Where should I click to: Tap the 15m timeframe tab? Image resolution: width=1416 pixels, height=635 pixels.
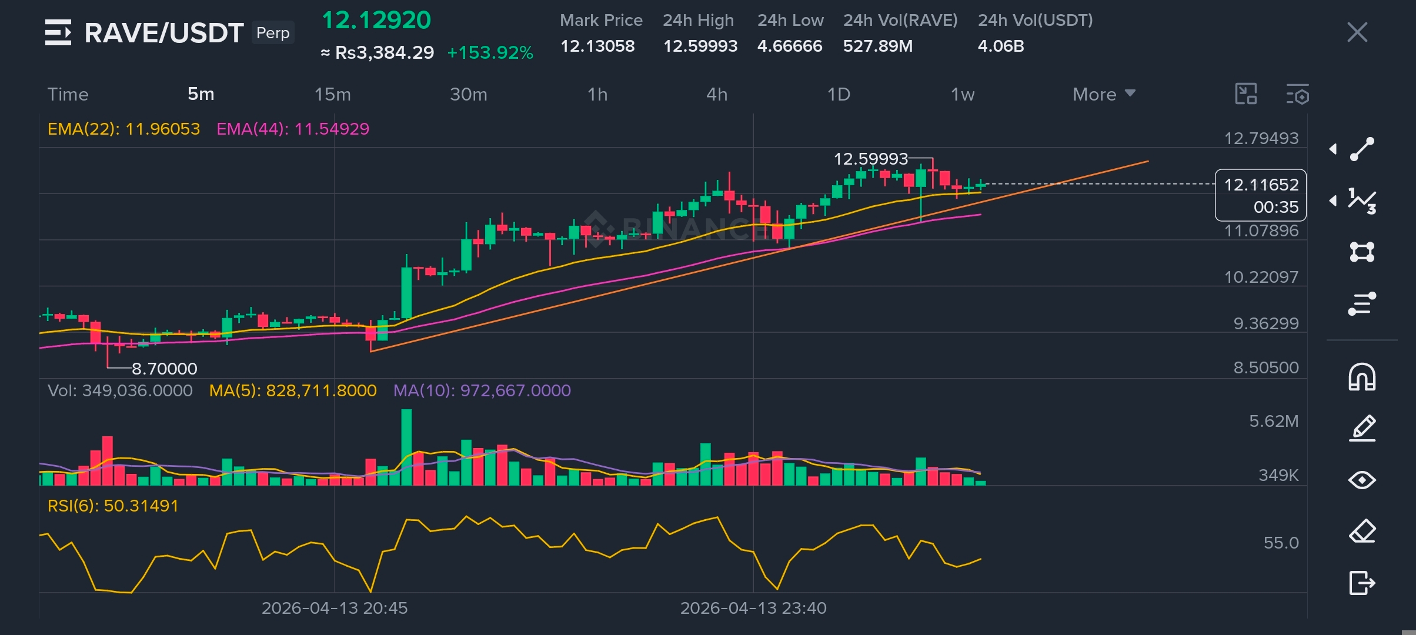point(332,94)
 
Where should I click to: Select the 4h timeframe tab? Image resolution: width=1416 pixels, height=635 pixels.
point(717,94)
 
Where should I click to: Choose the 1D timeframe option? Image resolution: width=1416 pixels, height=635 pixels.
point(839,94)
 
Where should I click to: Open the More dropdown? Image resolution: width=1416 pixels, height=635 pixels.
point(1104,94)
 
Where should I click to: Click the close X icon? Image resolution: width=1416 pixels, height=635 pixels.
point(1357,32)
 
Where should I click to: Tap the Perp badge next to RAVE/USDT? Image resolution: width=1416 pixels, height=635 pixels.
point(273,33)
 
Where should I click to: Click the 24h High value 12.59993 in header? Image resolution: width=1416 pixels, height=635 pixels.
point(700,46)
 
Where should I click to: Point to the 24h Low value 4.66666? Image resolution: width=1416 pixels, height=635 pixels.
point(790,46)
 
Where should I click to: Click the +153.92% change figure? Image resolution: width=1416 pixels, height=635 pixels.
point(490,53)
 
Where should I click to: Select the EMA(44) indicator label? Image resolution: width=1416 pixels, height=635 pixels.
point(293,129)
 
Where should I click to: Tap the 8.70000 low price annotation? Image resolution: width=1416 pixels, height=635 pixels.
point(165,369)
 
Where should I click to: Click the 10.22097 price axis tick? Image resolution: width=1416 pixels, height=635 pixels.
point(1261,277)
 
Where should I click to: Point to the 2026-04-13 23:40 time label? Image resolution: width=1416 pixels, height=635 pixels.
point(753,608)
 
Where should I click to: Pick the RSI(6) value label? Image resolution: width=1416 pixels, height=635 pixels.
point(113,506)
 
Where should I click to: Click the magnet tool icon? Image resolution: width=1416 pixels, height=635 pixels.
point(1362,376)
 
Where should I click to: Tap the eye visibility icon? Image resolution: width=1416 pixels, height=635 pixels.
point(1362,480)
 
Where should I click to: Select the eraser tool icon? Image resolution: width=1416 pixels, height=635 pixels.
point(1362,532)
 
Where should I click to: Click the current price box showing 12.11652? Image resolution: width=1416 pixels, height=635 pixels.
point(1261,195)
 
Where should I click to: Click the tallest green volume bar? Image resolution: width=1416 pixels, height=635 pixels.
point(406,447)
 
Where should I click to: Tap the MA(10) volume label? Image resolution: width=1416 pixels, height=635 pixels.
point(482,390)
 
